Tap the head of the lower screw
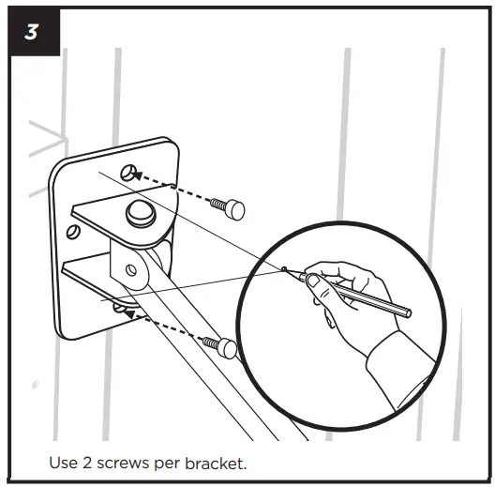coord(227,349)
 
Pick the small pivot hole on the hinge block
coord(133,272)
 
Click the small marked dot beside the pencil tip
coord(283,268)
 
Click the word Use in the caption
coord(62,464)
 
